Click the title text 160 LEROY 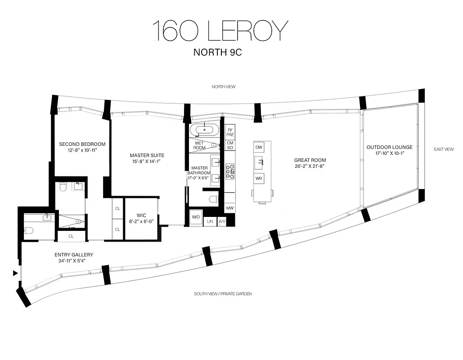220,31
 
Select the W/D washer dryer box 196,217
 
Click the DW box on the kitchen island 259,147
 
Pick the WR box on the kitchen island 259,179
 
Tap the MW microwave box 229,208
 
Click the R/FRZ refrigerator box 229,132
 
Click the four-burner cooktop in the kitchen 229,169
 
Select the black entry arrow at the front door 16,273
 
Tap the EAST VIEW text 444,149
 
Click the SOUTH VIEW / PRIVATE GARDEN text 223,294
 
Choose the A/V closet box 221,221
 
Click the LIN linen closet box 210,221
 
